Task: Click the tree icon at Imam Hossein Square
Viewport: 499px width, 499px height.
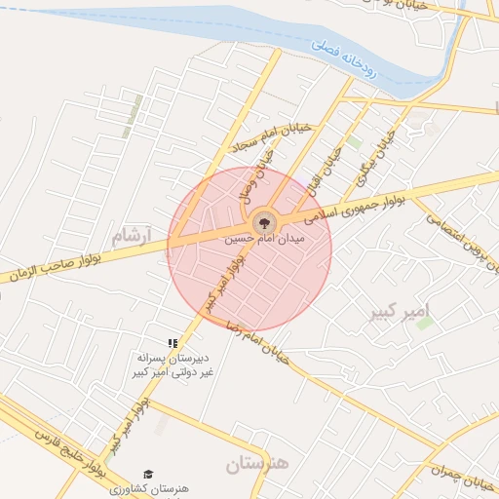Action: click(262, 222)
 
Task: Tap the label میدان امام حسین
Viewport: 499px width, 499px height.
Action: click(265, 238)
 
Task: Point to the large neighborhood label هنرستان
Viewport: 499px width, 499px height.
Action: click(258, 465)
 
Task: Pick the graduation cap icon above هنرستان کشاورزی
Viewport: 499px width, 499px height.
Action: click(148, 474)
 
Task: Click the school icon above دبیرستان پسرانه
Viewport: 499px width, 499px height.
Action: click(173, 343)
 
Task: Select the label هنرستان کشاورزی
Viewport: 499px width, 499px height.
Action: click(152, 487)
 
